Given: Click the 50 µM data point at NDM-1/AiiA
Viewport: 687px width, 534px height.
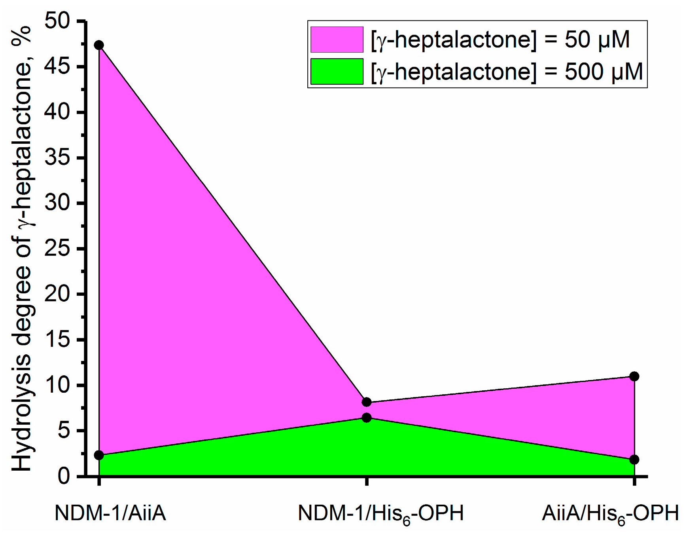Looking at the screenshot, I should [99, 45].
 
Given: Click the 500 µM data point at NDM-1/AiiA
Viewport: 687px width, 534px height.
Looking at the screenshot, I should [99, 455].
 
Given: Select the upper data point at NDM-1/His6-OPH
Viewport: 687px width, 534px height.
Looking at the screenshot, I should [366, 402].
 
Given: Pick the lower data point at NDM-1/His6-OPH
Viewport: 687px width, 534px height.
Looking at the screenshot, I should [366, 418].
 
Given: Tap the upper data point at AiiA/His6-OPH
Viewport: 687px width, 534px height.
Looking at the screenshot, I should [634, 376].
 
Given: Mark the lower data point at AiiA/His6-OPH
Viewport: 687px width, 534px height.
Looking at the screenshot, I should [634, 460].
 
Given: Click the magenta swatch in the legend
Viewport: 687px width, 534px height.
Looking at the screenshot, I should [337, 40].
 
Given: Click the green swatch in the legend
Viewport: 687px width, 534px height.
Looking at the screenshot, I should [337, 72].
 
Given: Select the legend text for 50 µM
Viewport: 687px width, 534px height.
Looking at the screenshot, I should [500, 40].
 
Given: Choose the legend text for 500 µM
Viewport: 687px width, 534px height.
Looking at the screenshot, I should [506, 72].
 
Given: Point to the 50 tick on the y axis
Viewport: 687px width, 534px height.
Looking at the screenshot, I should [57, 21].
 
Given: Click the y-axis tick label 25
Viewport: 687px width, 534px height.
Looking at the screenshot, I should [57, 249].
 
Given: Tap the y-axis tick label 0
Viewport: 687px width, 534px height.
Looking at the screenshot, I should [64, 476].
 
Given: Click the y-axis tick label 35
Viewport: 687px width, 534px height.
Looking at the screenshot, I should [57, 158].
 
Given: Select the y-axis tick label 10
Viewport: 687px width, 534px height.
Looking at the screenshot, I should [57, 385].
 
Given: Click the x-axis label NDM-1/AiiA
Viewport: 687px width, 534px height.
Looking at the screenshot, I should [110, 513].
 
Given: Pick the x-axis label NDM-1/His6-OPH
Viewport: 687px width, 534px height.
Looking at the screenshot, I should [380, 514].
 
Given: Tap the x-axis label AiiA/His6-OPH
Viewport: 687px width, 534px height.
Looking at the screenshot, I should [610, 514].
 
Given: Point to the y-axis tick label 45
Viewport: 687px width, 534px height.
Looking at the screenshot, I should [57, 67].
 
